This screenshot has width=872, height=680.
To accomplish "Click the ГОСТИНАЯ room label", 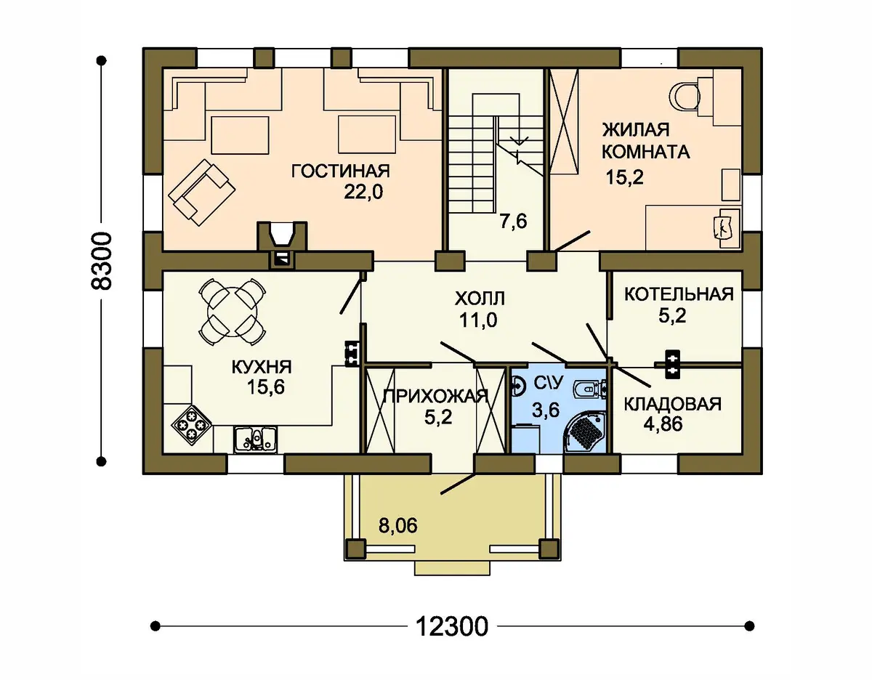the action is [340, 171].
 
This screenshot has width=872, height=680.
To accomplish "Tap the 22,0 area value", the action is [363, 193].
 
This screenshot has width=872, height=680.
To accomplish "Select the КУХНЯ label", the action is [262, 367].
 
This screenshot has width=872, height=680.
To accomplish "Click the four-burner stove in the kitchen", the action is [192, 424].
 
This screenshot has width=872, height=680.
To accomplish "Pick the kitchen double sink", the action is [256, 440].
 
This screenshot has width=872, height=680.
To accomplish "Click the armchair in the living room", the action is [198, 193].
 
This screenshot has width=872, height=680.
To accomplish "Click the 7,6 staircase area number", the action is [513, 222].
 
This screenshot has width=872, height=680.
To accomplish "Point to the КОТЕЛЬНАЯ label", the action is [679, 294].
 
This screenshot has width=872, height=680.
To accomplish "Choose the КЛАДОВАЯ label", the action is [673, 405].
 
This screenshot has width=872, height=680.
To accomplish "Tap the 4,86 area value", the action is [663, 424].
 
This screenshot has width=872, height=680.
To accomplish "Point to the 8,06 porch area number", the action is [398, 525].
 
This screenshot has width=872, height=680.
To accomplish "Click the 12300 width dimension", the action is [452, 627].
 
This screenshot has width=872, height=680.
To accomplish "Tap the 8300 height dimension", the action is [100, 261].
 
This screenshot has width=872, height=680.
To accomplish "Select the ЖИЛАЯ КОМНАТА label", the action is [646, 141].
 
